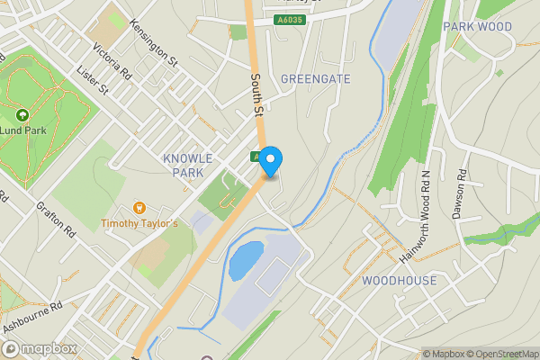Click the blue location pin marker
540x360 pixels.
(x=270, y=159)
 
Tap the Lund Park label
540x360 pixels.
(x=23, y=130)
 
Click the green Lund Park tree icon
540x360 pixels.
(x=22, y=115)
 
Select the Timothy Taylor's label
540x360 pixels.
(x=139, y=222)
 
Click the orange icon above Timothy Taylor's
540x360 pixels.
(x=139, y=208)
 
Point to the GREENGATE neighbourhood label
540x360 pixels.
(x=315, y=79)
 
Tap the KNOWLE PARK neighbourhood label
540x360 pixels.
(x=188, y=165)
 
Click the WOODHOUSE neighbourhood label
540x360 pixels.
(x=399, y=281)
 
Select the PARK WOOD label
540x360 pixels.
(x=477, y=27)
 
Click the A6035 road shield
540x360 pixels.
(x=290, y=19)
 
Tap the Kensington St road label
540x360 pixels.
(x=153, y=42)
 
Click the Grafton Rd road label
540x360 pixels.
(x=56, y=218)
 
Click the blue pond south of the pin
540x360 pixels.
(x=246, y=260)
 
